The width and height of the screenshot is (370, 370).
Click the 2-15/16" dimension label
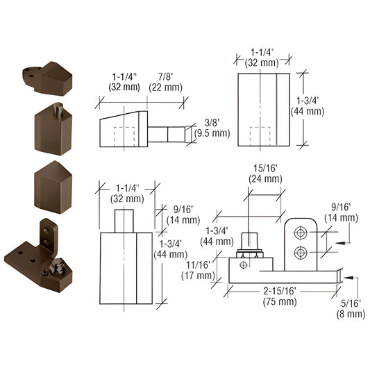point(279,292)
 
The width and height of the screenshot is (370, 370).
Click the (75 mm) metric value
point(279,303)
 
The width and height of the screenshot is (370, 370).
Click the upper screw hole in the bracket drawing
point(301,232)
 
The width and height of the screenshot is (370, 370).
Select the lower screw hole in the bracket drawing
point(301,251)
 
